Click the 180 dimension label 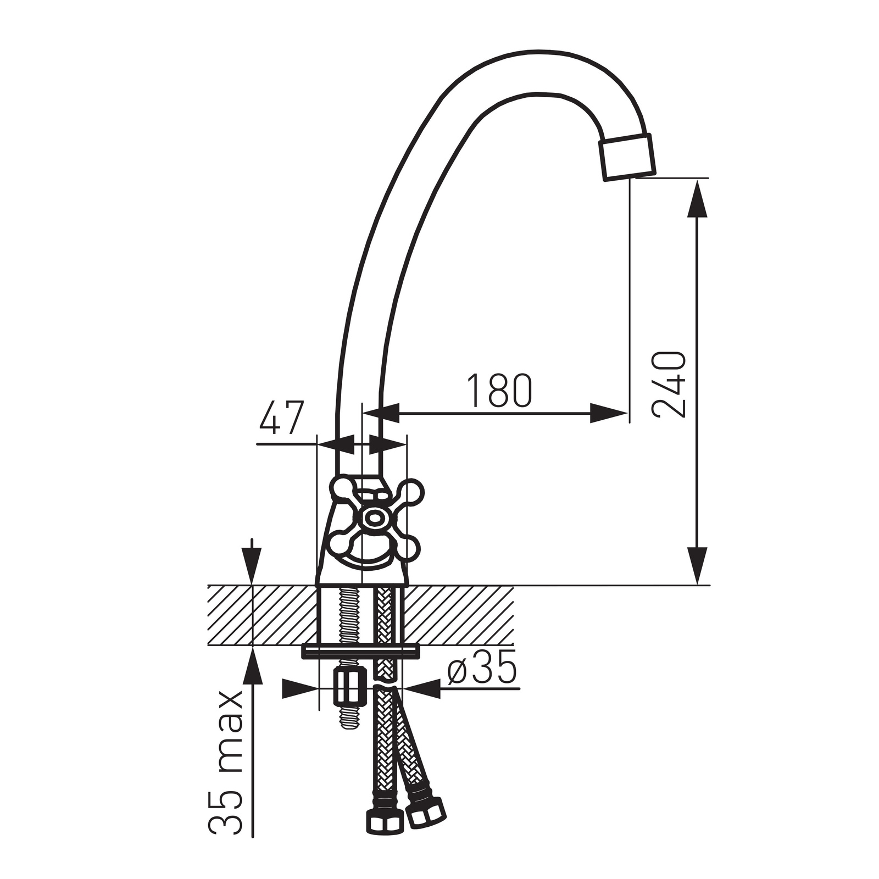tap(499, 391)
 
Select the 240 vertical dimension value tap(669, 385)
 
